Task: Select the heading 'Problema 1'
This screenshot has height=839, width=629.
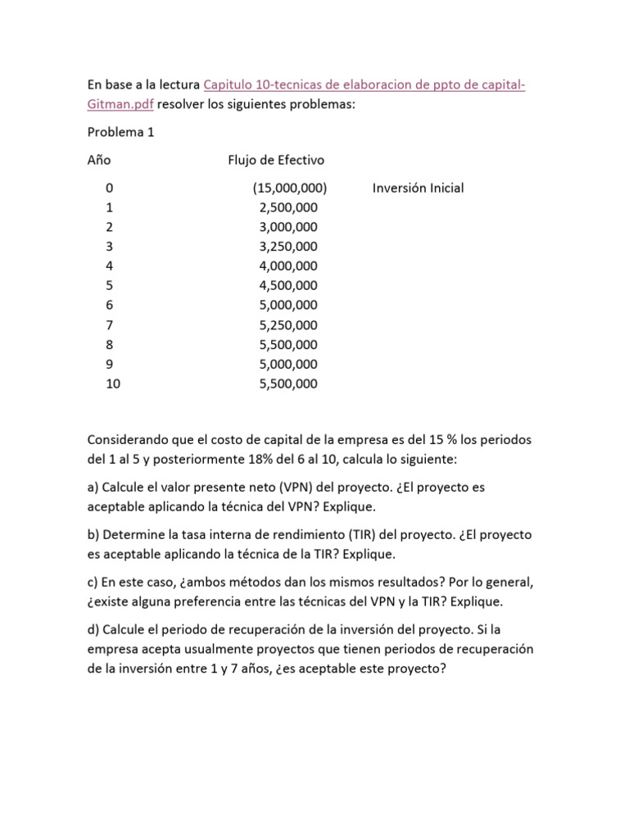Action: (120, 132)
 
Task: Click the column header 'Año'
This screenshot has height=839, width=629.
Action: (99, 159)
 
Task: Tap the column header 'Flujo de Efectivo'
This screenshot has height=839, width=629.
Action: (276, 159)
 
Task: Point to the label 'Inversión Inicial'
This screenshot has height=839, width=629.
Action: (418, 188)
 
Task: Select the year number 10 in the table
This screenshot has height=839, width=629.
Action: (113, 384)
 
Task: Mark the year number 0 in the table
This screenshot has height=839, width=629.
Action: (109, 188)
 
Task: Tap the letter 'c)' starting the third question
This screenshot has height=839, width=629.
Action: (93, 582)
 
